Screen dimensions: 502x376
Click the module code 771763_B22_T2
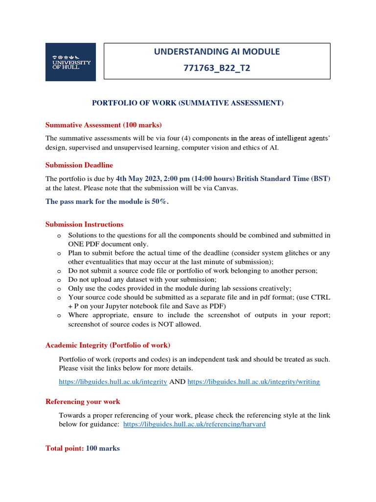coord(217,68)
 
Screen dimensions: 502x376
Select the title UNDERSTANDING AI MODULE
coord(217,51)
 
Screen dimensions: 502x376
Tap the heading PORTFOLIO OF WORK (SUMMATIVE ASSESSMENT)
coord(188,103)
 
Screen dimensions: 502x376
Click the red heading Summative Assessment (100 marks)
coord(103,125)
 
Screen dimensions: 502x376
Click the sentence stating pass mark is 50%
coord(107,201)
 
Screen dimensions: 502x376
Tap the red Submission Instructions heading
coord(84,225)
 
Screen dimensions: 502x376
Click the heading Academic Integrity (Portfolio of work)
coord(108,345)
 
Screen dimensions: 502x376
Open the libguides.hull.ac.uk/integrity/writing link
coord(254,381)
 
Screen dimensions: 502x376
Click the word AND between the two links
coord(177,381)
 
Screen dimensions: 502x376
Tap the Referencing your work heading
coord(83,402)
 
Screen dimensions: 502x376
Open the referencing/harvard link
coord(194,424)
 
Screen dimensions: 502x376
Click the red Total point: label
coord(65,448)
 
